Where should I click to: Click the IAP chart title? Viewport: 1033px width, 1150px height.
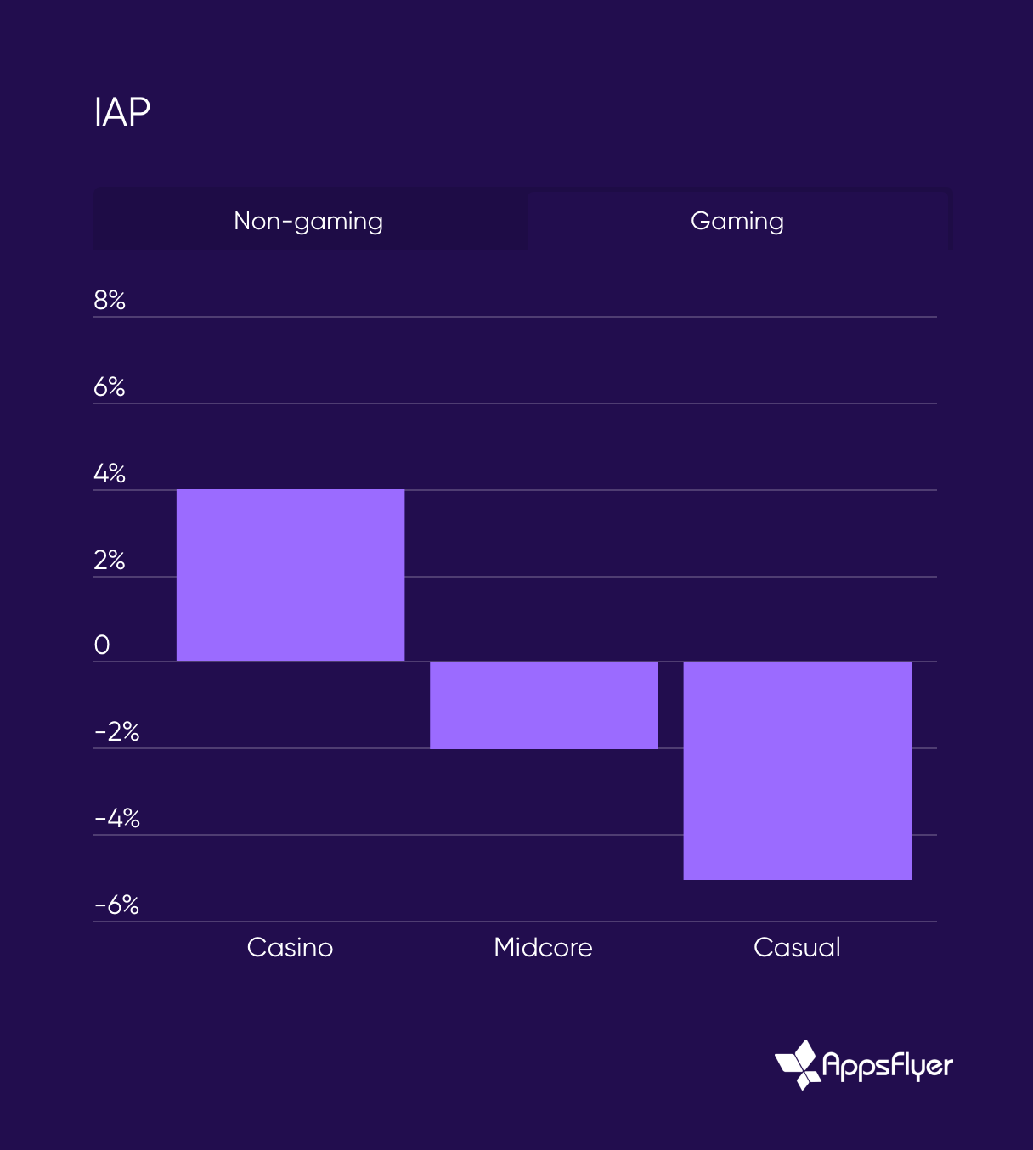pyautogui.click(x=122, y=112)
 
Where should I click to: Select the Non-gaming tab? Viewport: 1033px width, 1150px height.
pyautogui.click(x=308, y=221)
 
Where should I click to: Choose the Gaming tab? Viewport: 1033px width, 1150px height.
pyautogui.click(x=737, y=221)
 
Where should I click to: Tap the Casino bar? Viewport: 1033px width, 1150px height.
pyautogui.click(x=291, y=575)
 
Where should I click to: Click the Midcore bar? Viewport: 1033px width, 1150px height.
pyautogui.click(x=544, y=705)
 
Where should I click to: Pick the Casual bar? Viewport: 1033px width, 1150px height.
pyautogui.click(x=797, y=770)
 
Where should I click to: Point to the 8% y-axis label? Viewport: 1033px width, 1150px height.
pyautogui.click(x=110, y=301)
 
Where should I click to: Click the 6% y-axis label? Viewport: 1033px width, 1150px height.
pyautogui.click(x=110, y=387)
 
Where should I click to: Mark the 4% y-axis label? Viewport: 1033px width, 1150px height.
pyautogui.click(x=110, y=474)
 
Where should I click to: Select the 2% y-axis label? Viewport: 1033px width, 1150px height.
pyautogui.click(x=110, y=561)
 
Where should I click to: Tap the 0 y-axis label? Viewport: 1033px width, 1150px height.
pyautogui.click(x=102, y=645)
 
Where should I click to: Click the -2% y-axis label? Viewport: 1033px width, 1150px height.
pyautogui.click(x=117, y=732)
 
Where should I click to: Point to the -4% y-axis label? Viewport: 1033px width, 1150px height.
pyautogui.click(x=117, y=819)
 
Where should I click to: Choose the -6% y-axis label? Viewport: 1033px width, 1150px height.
pyautogui.click(x=117, y=905)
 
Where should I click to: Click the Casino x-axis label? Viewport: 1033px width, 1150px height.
pyautogui.click(x=290, y=947)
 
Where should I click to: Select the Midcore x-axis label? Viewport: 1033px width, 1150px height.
pyautogui.click(x=543, y=947)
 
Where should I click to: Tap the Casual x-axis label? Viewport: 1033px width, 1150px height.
pyautogui.click(x=797, y=947)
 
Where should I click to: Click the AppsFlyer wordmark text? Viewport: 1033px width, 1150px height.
pyautogui.click(x=888, y=1065)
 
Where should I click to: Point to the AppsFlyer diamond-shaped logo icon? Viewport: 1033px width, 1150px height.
pyautogui.click(x=798, y=1064)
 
